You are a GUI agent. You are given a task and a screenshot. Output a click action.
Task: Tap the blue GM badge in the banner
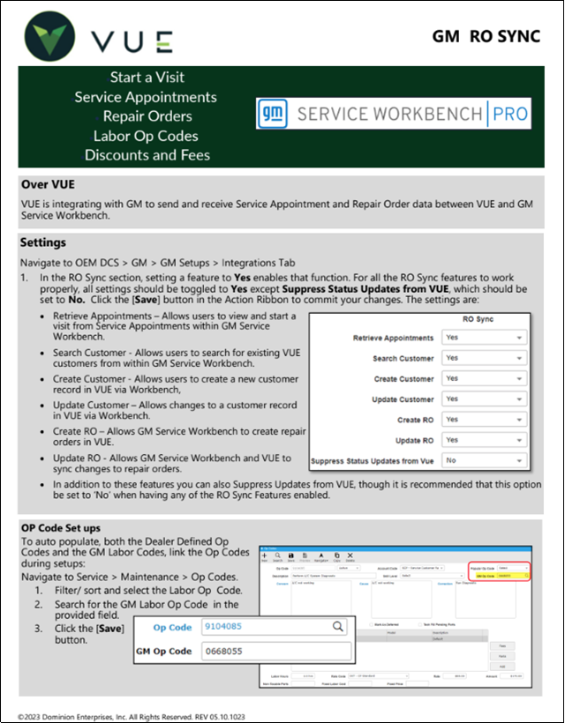(273, 114)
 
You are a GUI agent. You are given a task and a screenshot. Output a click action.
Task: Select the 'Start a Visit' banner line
(147, 78)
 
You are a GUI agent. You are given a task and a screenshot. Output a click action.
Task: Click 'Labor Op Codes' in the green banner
(147, 136)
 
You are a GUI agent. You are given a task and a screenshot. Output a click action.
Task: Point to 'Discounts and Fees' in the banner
(147, 155)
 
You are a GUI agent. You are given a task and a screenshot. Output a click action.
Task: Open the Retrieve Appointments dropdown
(484, 338)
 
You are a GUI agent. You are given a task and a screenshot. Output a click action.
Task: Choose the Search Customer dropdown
(484, 358)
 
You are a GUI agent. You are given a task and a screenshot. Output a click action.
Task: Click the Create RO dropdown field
(484, 420)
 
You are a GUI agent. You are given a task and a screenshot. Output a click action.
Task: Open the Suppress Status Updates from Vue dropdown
(484, 460)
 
